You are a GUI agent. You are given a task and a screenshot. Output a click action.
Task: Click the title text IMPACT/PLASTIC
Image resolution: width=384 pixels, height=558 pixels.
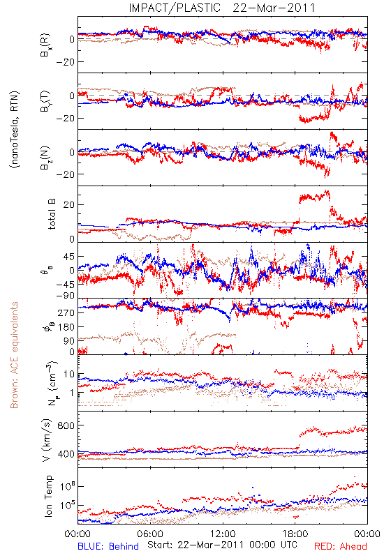coord(175,8)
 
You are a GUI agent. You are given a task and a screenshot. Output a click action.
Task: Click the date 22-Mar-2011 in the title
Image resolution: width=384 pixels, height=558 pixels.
coord(274,8)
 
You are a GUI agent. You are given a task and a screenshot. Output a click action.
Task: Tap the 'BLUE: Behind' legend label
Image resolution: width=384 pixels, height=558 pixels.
coord(108,546)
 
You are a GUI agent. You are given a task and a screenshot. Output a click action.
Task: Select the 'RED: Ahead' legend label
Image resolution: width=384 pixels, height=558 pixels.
coord(340,546)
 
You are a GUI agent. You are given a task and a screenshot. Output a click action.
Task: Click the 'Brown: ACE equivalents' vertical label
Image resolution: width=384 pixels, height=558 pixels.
coord(14,355)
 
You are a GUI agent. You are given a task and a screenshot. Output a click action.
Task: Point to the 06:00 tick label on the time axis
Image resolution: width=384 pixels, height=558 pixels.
coord(150,534)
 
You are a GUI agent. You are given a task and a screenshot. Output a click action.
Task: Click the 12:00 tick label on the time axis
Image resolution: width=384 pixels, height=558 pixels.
coord(223,534)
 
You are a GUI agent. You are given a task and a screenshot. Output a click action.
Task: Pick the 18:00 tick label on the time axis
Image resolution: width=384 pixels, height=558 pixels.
coord(295,534)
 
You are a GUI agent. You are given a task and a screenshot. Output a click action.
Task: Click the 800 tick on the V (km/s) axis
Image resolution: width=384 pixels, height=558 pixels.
coord(66,425)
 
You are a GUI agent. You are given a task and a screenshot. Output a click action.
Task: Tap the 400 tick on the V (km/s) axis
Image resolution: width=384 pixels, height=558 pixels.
coord(66,454)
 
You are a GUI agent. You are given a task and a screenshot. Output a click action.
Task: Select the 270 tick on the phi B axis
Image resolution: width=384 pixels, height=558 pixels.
coord(66,312)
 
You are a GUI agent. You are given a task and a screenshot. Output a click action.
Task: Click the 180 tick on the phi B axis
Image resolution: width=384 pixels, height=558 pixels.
coord(66,326)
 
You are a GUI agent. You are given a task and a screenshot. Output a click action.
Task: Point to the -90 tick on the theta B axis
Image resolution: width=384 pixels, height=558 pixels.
coord(65,296)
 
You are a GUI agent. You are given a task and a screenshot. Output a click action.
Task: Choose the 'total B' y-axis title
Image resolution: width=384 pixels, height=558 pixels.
coord(51,214)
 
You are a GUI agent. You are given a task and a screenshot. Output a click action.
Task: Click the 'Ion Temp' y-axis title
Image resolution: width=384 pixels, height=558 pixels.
coord(48,496)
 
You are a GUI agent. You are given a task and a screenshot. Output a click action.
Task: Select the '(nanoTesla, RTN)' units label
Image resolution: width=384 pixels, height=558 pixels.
coord(15,130)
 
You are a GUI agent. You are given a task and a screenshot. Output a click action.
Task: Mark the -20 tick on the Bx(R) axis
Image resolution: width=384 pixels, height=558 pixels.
coord(65,62)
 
